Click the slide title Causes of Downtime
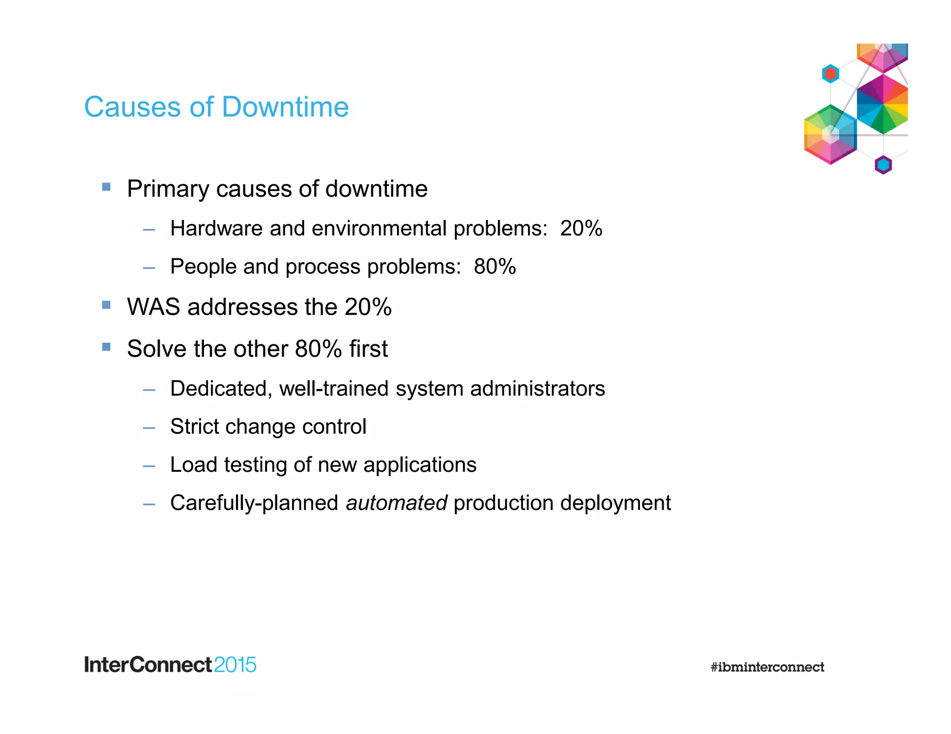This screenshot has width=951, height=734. coord(216,107)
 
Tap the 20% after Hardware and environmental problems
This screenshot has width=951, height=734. coord(581,228)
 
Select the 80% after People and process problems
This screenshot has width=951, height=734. coord(495,267)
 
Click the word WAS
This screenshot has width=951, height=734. coord(153,307)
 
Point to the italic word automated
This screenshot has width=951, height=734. coord(396,503)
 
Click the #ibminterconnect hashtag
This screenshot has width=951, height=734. coord(767,667)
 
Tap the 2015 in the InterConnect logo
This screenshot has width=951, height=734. coord(235,665)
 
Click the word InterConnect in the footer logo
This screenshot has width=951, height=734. coord(148,665)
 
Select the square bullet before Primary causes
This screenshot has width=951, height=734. coord(106,187)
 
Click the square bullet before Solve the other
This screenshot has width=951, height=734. coord(106,347)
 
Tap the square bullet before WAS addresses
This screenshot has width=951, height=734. coord(106,305)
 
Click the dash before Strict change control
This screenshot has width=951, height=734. coord(149,428)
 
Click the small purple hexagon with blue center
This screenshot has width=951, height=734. coord(883,165)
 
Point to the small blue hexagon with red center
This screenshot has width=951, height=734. coord(830,74)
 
